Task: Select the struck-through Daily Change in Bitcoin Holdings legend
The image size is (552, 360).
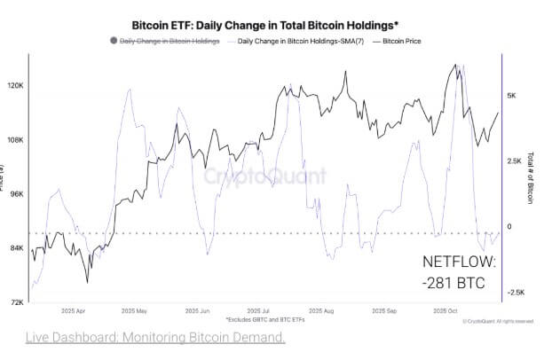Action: click(x=169, y=41)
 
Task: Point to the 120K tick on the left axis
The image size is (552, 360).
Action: click(x=16, y=86)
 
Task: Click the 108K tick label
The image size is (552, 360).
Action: click(x=16, y=140)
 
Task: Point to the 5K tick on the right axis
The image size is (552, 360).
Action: click(x=513, y=95)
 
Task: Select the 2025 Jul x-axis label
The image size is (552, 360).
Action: click(x=259, y=311)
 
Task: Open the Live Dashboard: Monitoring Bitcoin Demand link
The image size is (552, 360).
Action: click(x=155, y=338)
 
